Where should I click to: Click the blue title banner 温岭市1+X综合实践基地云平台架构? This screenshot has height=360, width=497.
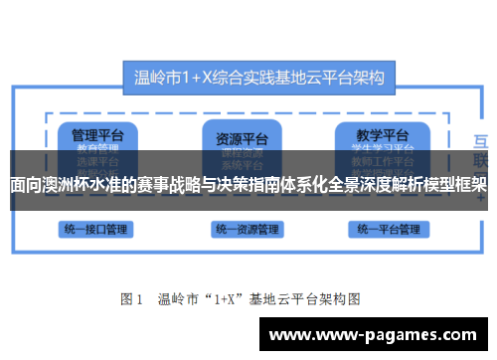[x=259, y=75]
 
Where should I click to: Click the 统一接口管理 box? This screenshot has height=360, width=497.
[x=93, y=230]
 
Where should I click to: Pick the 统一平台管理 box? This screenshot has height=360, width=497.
[x=385, y=230]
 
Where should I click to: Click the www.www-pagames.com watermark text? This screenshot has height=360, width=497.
[x=378, y=335]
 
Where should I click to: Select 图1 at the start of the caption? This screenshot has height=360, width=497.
[x=132, y=298]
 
